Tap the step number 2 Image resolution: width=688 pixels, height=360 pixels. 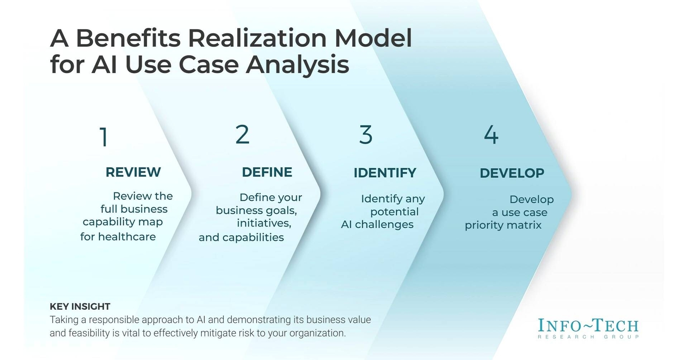pos(242,135)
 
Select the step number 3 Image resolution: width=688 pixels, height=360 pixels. pos(365,135)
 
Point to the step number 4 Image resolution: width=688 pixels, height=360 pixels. pos(491,135)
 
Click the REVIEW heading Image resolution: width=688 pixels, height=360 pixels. pos(133,172)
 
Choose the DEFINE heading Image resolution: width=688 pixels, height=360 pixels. pos(267,172)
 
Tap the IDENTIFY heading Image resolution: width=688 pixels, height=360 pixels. pos(385,173)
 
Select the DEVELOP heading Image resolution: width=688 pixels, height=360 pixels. pos(511,173)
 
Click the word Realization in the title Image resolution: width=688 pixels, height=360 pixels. pos(257,38)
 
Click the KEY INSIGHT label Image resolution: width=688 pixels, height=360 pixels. pos(80,306)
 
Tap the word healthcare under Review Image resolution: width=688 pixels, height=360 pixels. pos(127,237)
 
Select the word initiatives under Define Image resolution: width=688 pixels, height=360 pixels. pos(264,223)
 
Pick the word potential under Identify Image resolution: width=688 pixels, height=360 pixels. pos(394,212)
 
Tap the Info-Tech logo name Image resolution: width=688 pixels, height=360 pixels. pos(588,325)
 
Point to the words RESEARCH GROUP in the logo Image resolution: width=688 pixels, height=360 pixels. pos(588,337)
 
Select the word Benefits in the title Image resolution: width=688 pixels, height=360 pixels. pos(128,38)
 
